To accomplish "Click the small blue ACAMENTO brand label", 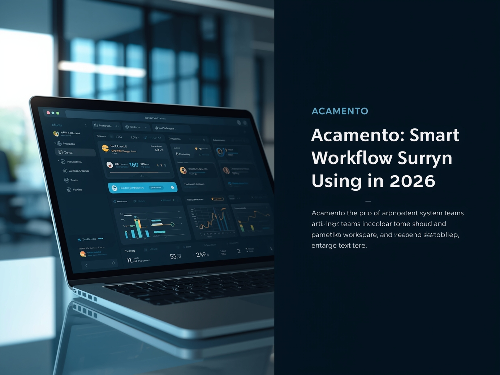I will pos(340,111).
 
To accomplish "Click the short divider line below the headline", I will pos(368,201).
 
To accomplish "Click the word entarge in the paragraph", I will pos(324,246).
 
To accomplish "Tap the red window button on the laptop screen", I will pos(48,112).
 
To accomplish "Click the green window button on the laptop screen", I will pos(58,113).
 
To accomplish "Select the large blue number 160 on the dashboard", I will pos(134,164).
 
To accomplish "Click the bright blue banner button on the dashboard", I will pos(142,187).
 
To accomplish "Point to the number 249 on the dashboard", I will pos(201,255).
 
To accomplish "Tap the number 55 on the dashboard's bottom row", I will pos(173,256).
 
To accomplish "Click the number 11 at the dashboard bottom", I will pos(129,260).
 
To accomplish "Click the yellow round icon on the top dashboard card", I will pos(105,148).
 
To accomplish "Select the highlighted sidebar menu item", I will pos(75,153).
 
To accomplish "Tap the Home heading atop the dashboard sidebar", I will pos(57,125).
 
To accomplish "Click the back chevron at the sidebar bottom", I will pos(86,265).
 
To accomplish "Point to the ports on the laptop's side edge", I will pos(85,295).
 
